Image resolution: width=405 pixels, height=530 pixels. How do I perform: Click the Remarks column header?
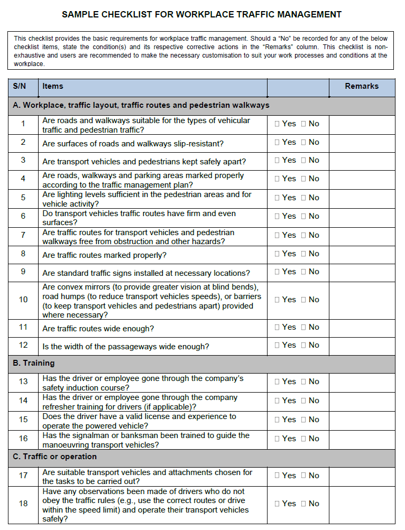click(x=362, y=86)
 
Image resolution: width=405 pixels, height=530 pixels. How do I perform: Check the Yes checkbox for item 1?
click(x=277, y=124)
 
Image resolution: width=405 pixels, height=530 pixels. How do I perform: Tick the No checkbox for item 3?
click(x=303, y=160)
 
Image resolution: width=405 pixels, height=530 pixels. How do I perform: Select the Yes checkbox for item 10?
click(x=277, y=300)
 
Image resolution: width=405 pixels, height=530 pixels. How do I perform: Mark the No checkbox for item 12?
click(x=303, y=345)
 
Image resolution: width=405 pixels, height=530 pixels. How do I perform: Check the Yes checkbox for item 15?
click(x=277, y=420)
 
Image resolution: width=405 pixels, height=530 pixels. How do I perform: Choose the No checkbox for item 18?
click(x=303, y=504)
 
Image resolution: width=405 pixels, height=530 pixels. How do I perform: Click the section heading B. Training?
click(x=33, y=364)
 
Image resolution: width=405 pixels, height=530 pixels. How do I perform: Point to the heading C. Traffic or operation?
click(x=54, y=457)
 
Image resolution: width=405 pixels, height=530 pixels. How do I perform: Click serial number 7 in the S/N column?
click(x=23, y=235)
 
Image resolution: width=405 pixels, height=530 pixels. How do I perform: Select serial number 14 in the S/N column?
click(x=23, y=401)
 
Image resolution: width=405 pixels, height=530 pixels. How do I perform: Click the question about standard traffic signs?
click(x=146, y=273)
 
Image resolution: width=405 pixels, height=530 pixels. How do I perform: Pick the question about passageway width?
click(x=126, y=347)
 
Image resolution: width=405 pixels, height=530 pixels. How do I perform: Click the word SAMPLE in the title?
click(x=80, y=15)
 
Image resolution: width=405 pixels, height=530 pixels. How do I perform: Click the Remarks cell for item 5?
click(x=362, y=198)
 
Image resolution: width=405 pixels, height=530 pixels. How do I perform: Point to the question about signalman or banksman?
click(x=146, y=440)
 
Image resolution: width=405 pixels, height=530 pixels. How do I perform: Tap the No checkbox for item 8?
click(x=303, y=254)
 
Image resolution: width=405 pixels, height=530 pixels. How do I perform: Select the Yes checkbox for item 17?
click(x=277, y=476)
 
